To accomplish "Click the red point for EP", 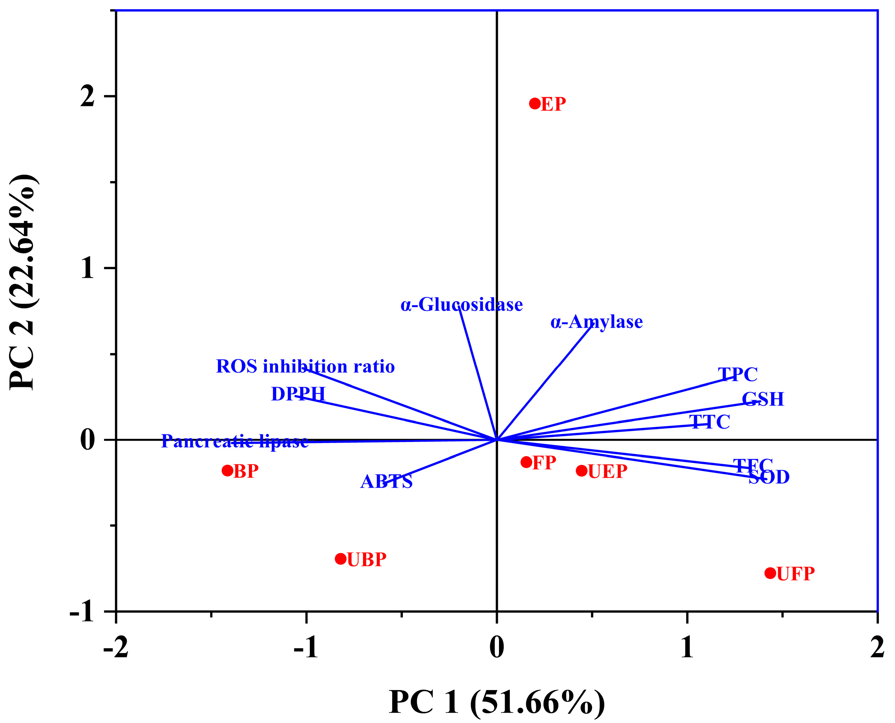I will [534, 103].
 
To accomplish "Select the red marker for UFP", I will [771, 573].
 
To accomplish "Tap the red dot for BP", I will [227, 471].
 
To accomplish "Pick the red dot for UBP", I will [341, 559].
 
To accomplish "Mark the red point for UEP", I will [582, 471].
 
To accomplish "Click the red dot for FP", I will [526, 462].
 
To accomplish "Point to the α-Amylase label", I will [596, 322].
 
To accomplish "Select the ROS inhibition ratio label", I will [305, 367].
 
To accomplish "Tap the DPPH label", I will [298, 394].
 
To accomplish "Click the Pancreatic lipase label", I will [235, 441].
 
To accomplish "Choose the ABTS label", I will [386, 482].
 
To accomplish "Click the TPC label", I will [738, 374].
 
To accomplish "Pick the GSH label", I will [763, 399].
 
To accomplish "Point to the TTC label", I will [710, 422].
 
